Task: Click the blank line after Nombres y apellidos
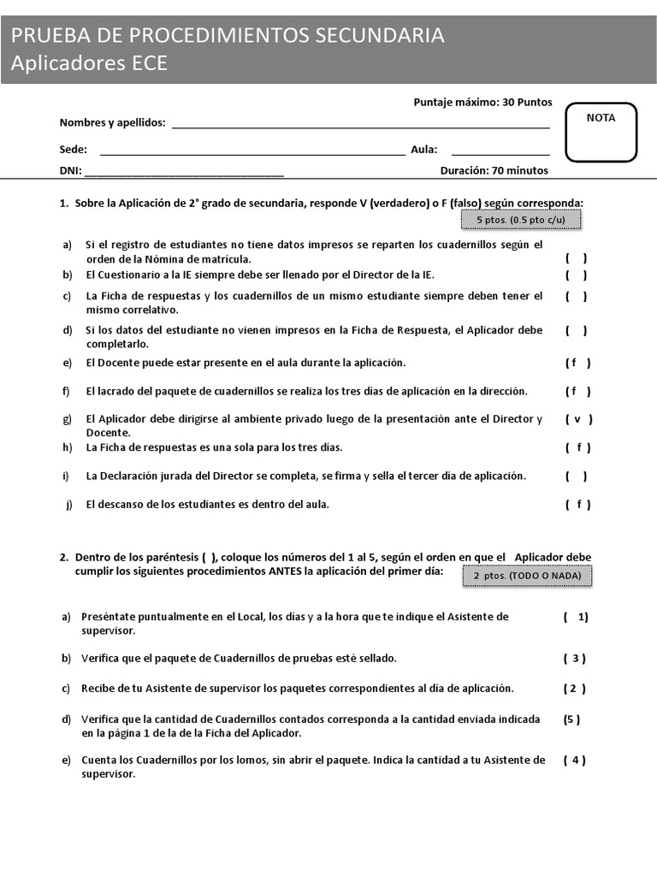(360, 126)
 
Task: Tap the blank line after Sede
(252, 153)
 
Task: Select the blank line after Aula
(500, 153)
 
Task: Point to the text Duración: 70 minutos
(494, 170)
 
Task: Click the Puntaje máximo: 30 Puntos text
(482, 103)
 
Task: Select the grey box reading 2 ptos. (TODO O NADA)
(527, 576)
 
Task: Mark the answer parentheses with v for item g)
(578, 419)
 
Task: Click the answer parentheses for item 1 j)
(577, 504)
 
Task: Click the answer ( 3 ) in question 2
(574, 658)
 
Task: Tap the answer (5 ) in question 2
(571, 719)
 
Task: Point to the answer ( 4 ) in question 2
(574, 760)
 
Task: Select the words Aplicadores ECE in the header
(89, 63)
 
